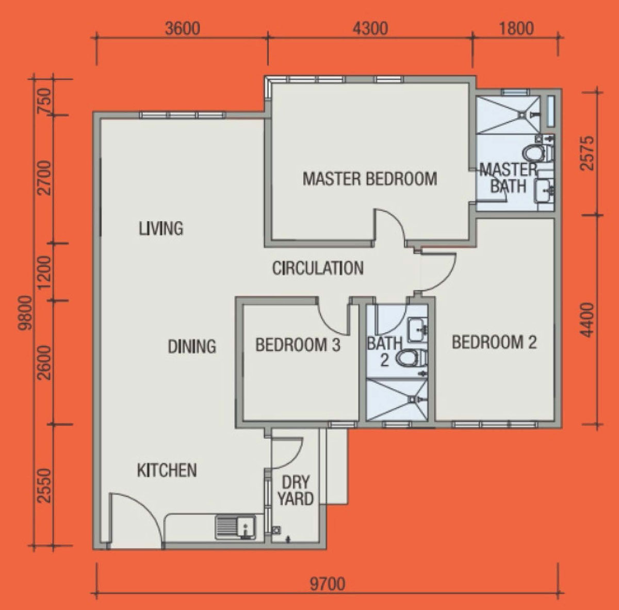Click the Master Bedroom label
[370, 179]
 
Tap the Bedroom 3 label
[298, 345]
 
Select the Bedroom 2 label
[494, 342]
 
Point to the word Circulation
[318, 268]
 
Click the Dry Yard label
[296, 491]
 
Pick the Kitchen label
[167, 470]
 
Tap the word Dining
[192, 346]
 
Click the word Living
[161, 229]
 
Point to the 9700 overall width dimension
[328, 584]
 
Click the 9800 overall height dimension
[26, 313]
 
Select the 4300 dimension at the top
[370, 28]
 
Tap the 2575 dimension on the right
[588, 153]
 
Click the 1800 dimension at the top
[516, 28]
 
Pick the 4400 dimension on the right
[588, 320]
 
